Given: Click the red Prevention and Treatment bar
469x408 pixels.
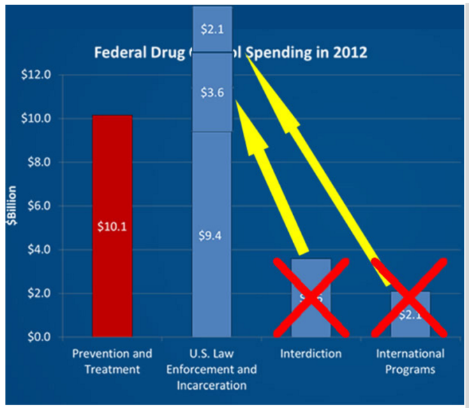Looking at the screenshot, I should click(x=112, y=174).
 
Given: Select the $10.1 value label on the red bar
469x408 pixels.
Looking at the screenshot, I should click(x=112, y=226).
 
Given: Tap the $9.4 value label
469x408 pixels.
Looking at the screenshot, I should click(x=211, y=235).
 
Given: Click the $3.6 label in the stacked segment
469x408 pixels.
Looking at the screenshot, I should click(x=211, y=92).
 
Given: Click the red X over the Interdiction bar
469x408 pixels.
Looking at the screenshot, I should click(x=311, y=296).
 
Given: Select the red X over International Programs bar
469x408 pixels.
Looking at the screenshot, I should click(x=409, y=297).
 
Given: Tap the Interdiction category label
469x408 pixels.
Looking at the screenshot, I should click(x=311, y=354).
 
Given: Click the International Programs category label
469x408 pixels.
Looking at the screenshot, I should click(x=410, y=361).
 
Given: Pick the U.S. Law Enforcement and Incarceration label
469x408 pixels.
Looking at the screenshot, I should click(x=212, y=369).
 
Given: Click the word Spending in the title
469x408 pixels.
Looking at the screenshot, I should click(x=281, y=53).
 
